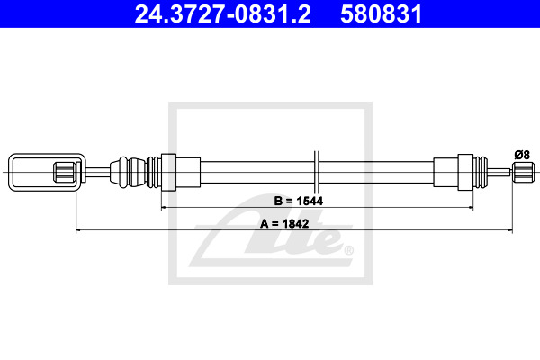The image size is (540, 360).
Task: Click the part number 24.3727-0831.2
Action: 223,13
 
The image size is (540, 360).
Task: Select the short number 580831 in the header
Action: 382,13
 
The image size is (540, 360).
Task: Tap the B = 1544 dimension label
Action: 299,201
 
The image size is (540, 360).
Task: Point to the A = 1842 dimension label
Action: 284,223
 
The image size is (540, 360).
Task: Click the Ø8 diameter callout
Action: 522,155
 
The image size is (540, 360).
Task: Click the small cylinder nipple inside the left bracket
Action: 65,172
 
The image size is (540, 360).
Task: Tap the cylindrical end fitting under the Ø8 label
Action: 524,172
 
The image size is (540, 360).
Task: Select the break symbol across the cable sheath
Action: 317,172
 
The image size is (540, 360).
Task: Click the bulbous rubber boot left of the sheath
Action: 128,172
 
